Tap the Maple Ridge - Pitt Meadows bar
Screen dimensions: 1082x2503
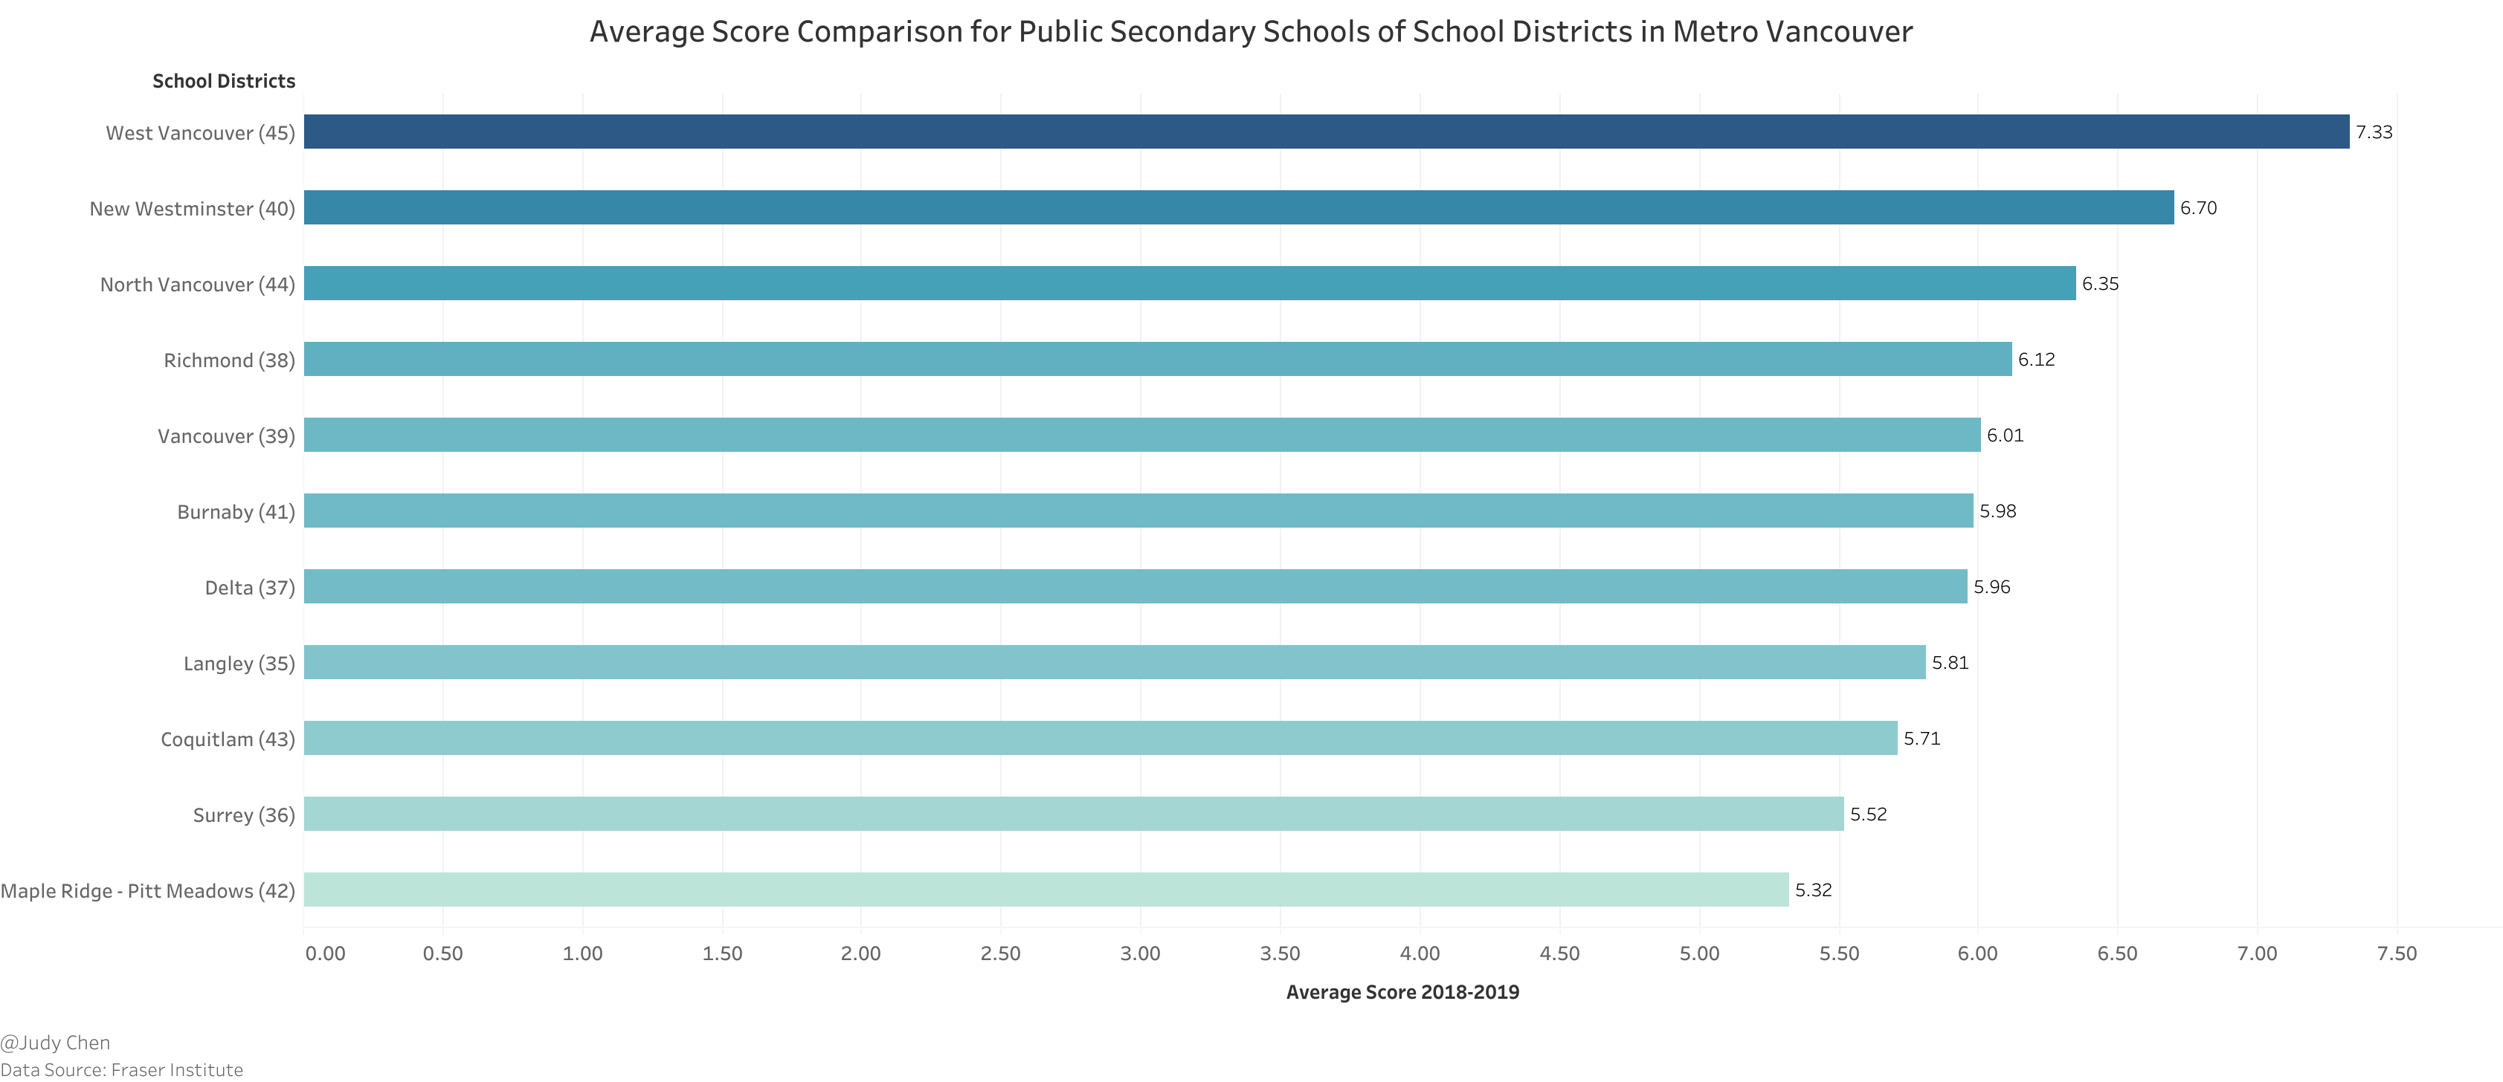pos(1046,890)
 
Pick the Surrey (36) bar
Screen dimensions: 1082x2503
pos(1074,814)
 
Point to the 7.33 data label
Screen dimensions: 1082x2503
pos(2373,132)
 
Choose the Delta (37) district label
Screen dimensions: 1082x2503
pos(249,588)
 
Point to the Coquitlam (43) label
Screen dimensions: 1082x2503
pos(228,739)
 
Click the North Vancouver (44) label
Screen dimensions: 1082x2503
pos(197,285)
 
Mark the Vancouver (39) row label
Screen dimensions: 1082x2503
pos(225,436)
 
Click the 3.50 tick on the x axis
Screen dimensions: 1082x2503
pos(1280,953)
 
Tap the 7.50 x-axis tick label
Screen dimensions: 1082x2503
pos(2396,953)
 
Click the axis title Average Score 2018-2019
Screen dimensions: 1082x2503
pos(1402,991)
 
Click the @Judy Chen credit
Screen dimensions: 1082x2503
pos(55,1042)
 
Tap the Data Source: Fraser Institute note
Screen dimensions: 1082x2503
pos(121,1069)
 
